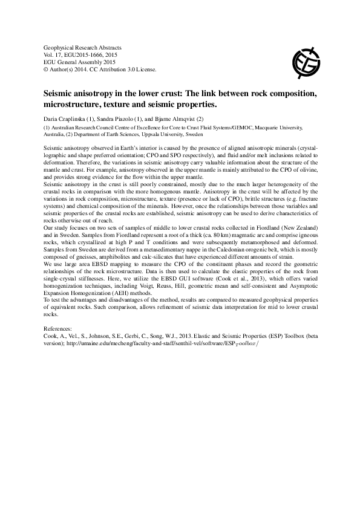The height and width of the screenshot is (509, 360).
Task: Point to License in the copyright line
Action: coord(145,69)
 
